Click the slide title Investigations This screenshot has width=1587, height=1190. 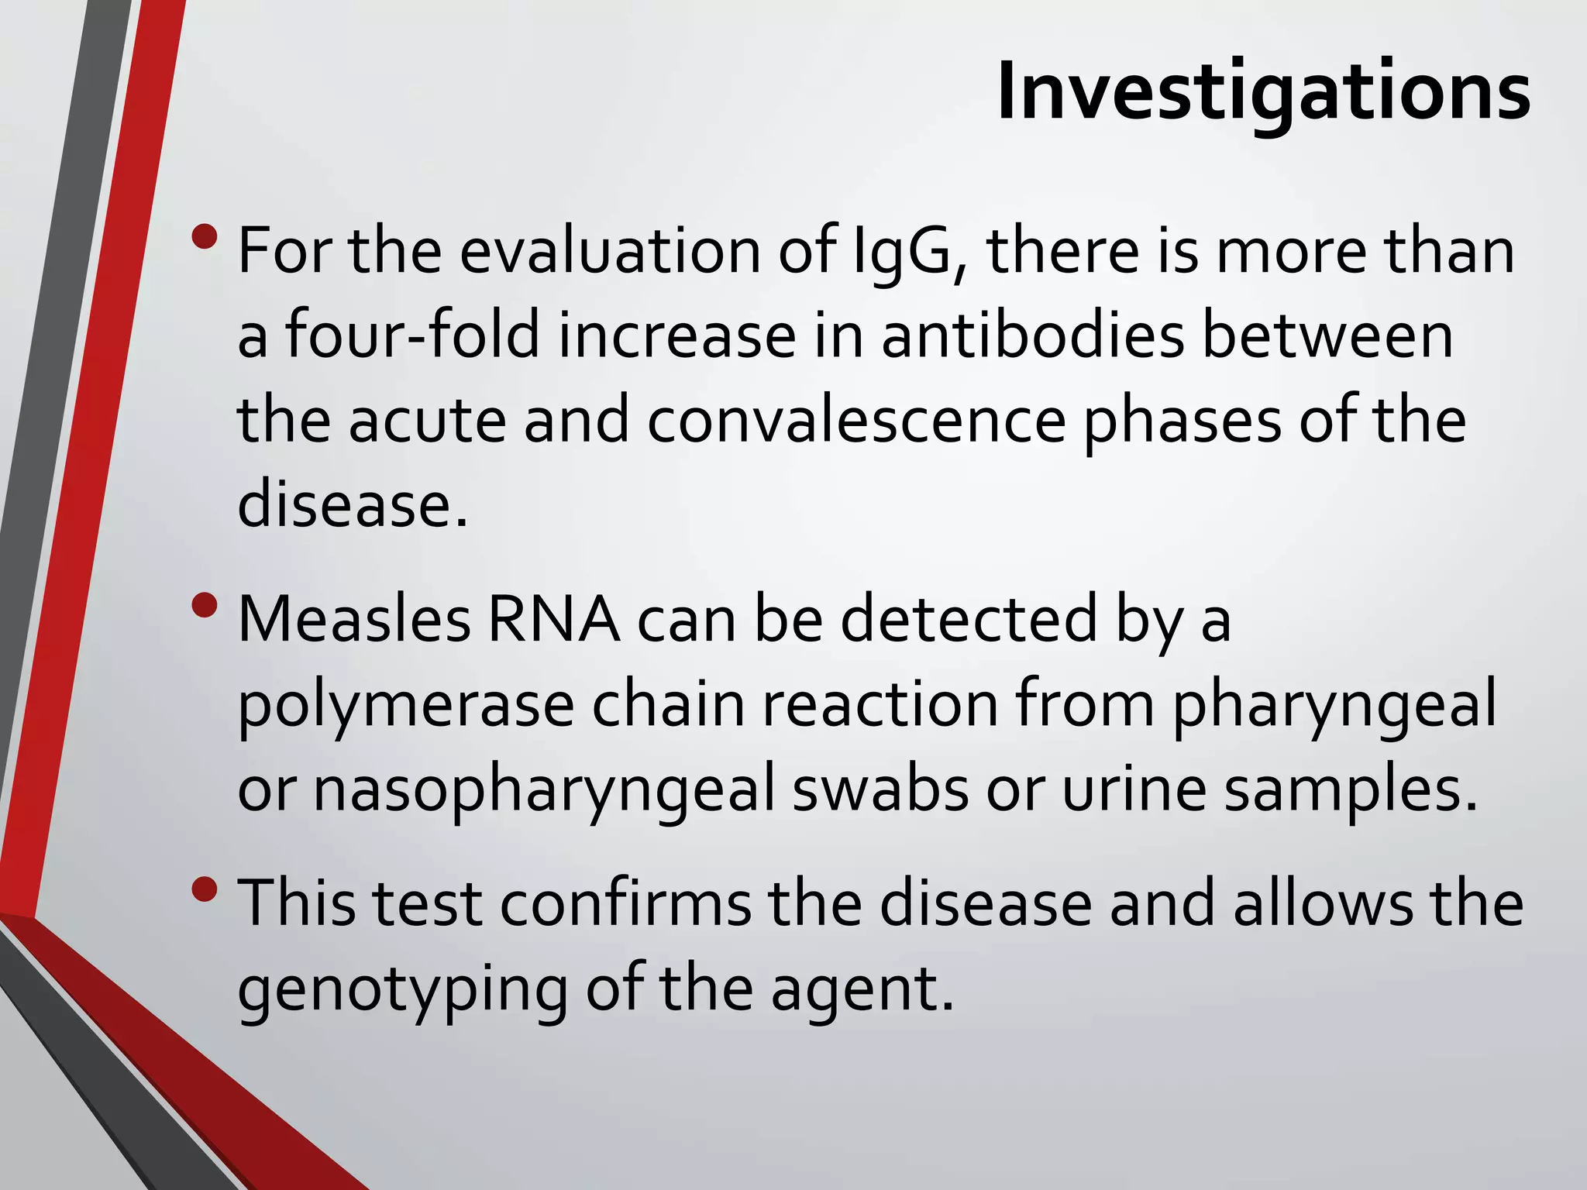point(1263,91)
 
